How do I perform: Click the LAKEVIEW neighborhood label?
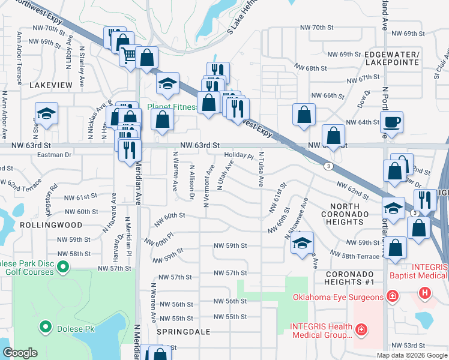click(x=50, y=86)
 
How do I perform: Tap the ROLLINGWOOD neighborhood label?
click(x=41, y=225)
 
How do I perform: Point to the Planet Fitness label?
click(x=173, y=107)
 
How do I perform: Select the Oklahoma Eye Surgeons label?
click(x=337, y=297)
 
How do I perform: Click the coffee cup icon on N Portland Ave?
click(x=391, y=122)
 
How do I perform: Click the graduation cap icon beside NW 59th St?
click(x=303, y=243)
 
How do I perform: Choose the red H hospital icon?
click(x=425, y=293)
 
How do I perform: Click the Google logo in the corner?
click(x=20, y=353)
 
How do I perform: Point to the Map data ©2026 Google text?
click(x=412, y=355)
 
